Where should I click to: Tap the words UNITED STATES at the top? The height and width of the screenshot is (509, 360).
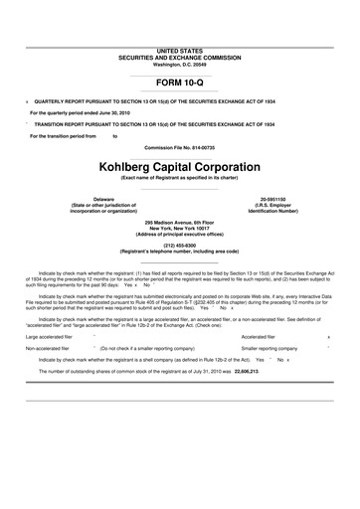click(x=179, y=49)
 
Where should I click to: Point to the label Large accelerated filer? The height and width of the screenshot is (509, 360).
click(x=47, y=337)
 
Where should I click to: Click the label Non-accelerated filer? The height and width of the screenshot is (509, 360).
click(x=47, y=349)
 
